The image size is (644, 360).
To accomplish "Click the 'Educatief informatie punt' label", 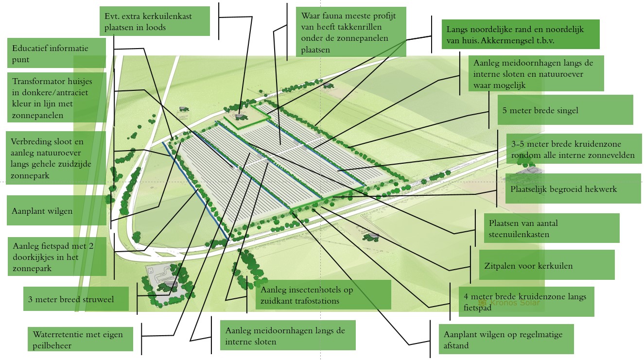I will [56, 53].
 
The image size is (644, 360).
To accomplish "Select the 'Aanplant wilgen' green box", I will [56, 211].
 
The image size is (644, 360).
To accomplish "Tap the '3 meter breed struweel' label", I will [76, 299].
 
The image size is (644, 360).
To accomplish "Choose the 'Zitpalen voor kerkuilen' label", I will [546, 265].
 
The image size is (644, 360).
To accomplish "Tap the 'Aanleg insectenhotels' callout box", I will [323, 295].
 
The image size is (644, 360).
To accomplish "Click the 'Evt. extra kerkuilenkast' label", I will [155, 21].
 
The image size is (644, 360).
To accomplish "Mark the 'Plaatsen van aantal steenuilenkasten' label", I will [552, 228].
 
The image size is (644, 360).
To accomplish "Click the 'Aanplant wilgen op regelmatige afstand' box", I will [505, 340].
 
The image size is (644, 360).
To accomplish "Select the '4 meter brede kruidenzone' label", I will [526, 302].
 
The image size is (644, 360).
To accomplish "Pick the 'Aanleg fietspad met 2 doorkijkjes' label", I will [56, 257].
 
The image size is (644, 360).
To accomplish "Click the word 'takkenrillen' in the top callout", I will [359, 27].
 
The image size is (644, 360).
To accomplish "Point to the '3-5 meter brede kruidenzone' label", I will [574, 150].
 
